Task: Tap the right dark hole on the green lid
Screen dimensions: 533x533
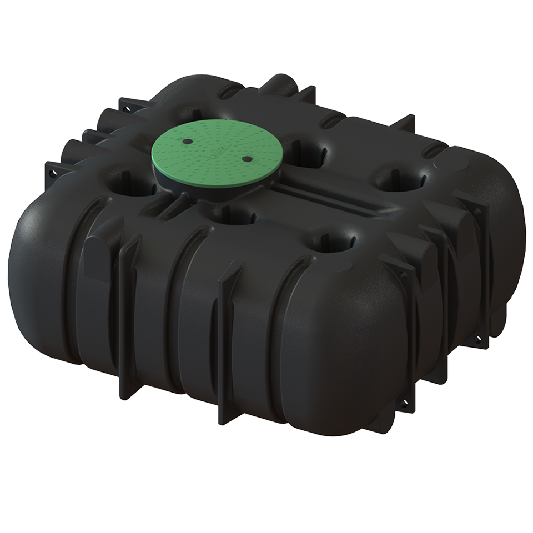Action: tap(246, 159)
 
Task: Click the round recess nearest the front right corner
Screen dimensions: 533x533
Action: tap(333, 242)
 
